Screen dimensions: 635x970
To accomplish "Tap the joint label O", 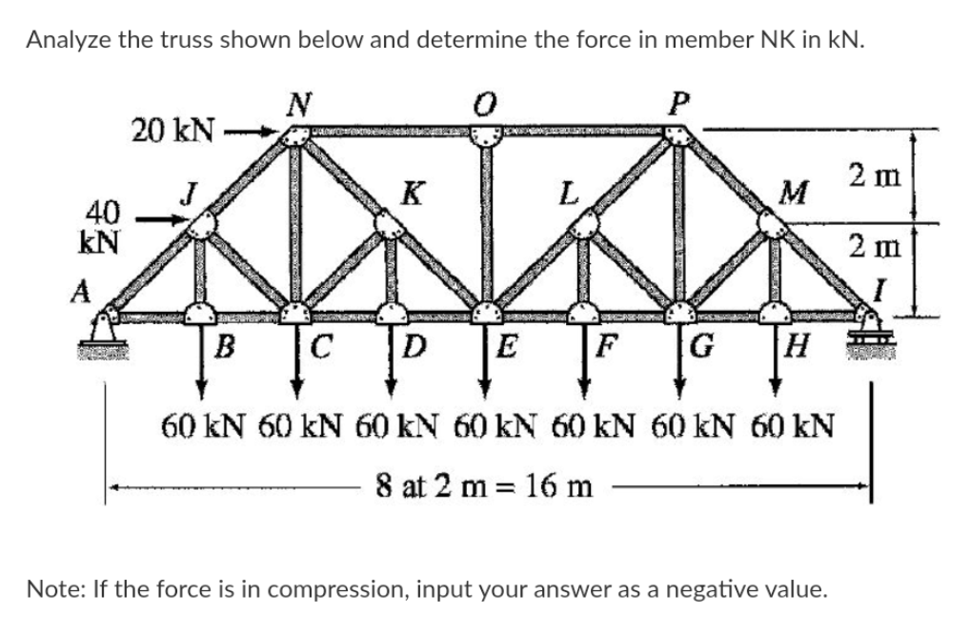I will pyautogui.click(x=487, y=100).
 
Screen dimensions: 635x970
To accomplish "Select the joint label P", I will pyautogui.click(x=677, y=100).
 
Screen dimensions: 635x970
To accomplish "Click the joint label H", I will pyautogui.click(x=797, y=343).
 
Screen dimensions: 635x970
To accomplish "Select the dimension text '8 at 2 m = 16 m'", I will pyautogui.click(x=484, y=486).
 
